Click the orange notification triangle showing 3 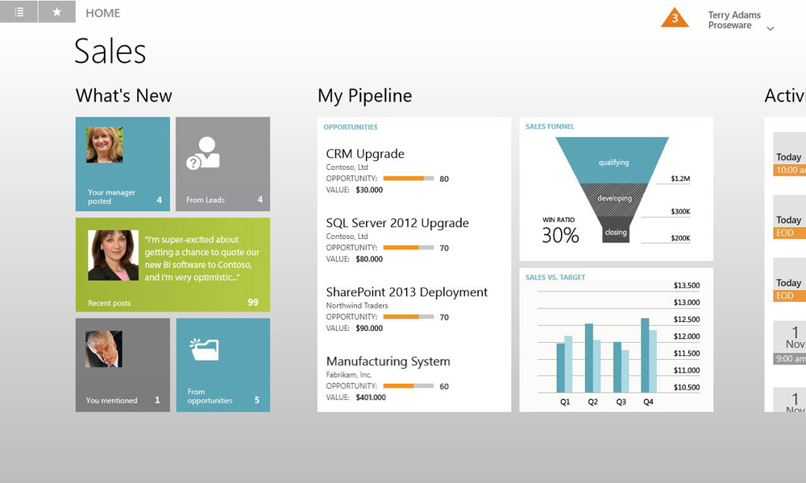pos(675,19)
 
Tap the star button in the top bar pos(57,12)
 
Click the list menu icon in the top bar pos(19,12)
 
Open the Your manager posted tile pos(123,163)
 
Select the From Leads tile pos(222,163)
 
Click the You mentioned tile pos(123,365)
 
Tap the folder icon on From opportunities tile pos(205,349)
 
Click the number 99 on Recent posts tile pos(253,303)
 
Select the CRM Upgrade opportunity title pos(365,154)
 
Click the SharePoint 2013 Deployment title pos(406,292)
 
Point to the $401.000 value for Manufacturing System pos(371,398)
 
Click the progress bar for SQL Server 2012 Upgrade pos(409,247)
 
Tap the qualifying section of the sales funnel pos(613,160)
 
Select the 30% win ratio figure pos(560,236)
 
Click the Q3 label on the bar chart pos(621,402)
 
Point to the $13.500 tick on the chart pos(687,286)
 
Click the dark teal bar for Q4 pos(645,355)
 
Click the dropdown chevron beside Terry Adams pos(770,29)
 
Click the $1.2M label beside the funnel pos(680,179)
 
